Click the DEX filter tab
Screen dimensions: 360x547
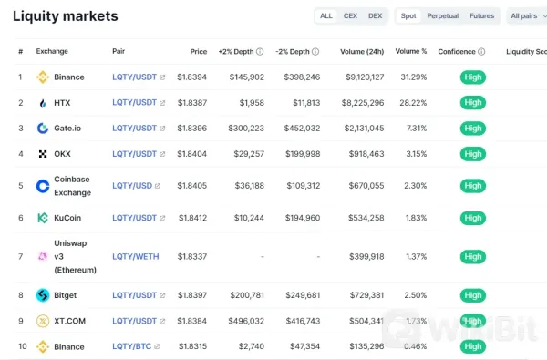(x=375, y=15)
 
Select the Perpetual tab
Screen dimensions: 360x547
(x=442, y=15)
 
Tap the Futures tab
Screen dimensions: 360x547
(x=481, y=15)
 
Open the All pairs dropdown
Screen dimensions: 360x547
(x=527, y=15)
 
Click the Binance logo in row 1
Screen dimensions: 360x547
(x=42, y=77)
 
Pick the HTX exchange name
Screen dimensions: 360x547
(x=62, y=103)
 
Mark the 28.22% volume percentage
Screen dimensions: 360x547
(x=411, y=103)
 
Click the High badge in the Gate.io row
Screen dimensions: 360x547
(x=472, y=129)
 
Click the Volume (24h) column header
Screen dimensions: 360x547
(x=361, y=52)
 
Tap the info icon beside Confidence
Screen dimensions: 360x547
(x=481, y=52)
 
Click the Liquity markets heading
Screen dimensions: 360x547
(x=65, y=16)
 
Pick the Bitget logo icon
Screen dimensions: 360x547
(x=42, y=295)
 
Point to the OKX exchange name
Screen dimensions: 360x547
(x=62, y=154)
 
